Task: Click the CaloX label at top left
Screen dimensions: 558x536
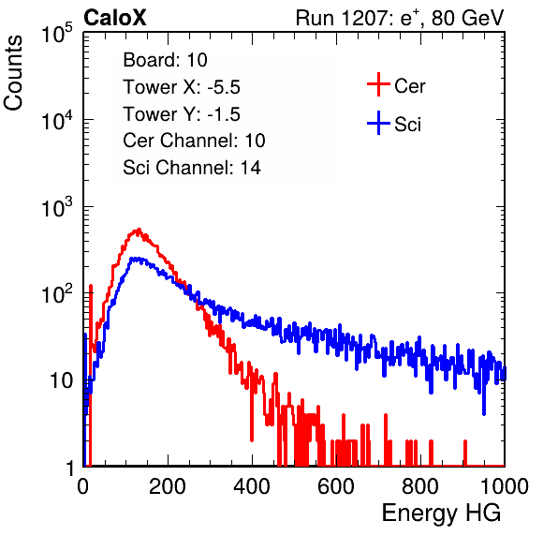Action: pyautogui.click(x=114, y=18)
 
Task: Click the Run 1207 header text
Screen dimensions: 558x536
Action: pyautogui.click(x=400, y=18)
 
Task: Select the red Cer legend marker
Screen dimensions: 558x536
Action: pyautogui.click(x=378, y=84)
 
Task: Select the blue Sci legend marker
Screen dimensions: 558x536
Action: pyautogui.click(x=378, y=124)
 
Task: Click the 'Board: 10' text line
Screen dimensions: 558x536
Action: pyautogui.click(x=165, y=60)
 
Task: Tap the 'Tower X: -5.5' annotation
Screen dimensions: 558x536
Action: pyautogui.click(x=182, y=87)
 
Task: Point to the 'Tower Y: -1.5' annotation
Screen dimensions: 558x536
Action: pyautogui.click(x=182, y=114)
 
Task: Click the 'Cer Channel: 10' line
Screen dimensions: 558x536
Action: pyautogui.click(x=194, y=141)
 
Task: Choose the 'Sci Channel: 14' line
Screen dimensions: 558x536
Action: pyautogui.click(x=192, y=168)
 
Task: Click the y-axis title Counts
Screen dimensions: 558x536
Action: pyautogui.click(x=13, y=73)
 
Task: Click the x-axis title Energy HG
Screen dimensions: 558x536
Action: pyautogui.click(x=441, y=514)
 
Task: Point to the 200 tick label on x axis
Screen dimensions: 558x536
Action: pyautogui.click(x=168, y=486)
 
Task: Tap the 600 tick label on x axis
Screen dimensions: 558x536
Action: pyautogui.click(x=336, y=486)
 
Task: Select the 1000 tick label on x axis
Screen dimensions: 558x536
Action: pyautogui.click(x=505, y=486)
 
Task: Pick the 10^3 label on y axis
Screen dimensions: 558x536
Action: pyautogui.click(x=57, y=206)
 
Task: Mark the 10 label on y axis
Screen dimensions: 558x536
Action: pyautogui.click(x=61, y=380)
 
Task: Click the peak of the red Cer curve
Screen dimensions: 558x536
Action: pyautogui.click(x=139, y=230)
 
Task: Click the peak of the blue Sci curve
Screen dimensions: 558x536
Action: pyautogui.click(x=135, y=259)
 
